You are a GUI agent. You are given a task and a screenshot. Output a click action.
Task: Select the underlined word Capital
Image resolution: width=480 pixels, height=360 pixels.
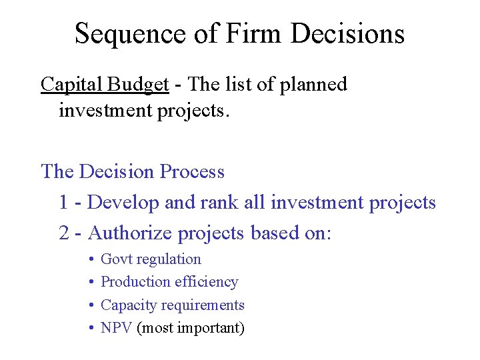[69, 85]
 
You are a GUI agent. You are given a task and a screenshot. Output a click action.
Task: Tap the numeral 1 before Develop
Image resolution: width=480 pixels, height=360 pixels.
[63, 203]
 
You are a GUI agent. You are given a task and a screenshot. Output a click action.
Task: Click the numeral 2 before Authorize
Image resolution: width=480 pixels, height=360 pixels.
[63, 233]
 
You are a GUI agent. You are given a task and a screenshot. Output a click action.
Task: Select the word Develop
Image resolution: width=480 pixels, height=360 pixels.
[123, 203]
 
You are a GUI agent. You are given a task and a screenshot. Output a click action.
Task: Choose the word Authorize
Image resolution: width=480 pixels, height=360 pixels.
[131, 233]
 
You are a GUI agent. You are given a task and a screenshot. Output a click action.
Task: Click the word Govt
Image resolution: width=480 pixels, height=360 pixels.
[116, 259]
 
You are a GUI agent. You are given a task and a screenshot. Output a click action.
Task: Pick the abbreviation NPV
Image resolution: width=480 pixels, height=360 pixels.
[116, 328]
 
